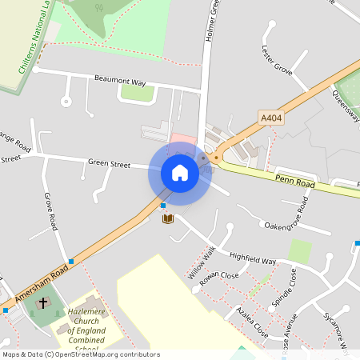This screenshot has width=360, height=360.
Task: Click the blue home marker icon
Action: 179,172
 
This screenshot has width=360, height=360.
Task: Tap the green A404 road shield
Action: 272,118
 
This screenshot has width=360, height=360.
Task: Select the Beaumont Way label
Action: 120,82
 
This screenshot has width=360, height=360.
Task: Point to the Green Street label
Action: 109,164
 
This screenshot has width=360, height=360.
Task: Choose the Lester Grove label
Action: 277,58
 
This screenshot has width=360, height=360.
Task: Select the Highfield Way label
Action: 253,261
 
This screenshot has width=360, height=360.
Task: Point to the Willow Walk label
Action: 202,262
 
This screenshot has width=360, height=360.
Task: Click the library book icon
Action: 168,218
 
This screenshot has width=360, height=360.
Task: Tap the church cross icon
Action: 42,305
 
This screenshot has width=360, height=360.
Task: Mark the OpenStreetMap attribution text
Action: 81,354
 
